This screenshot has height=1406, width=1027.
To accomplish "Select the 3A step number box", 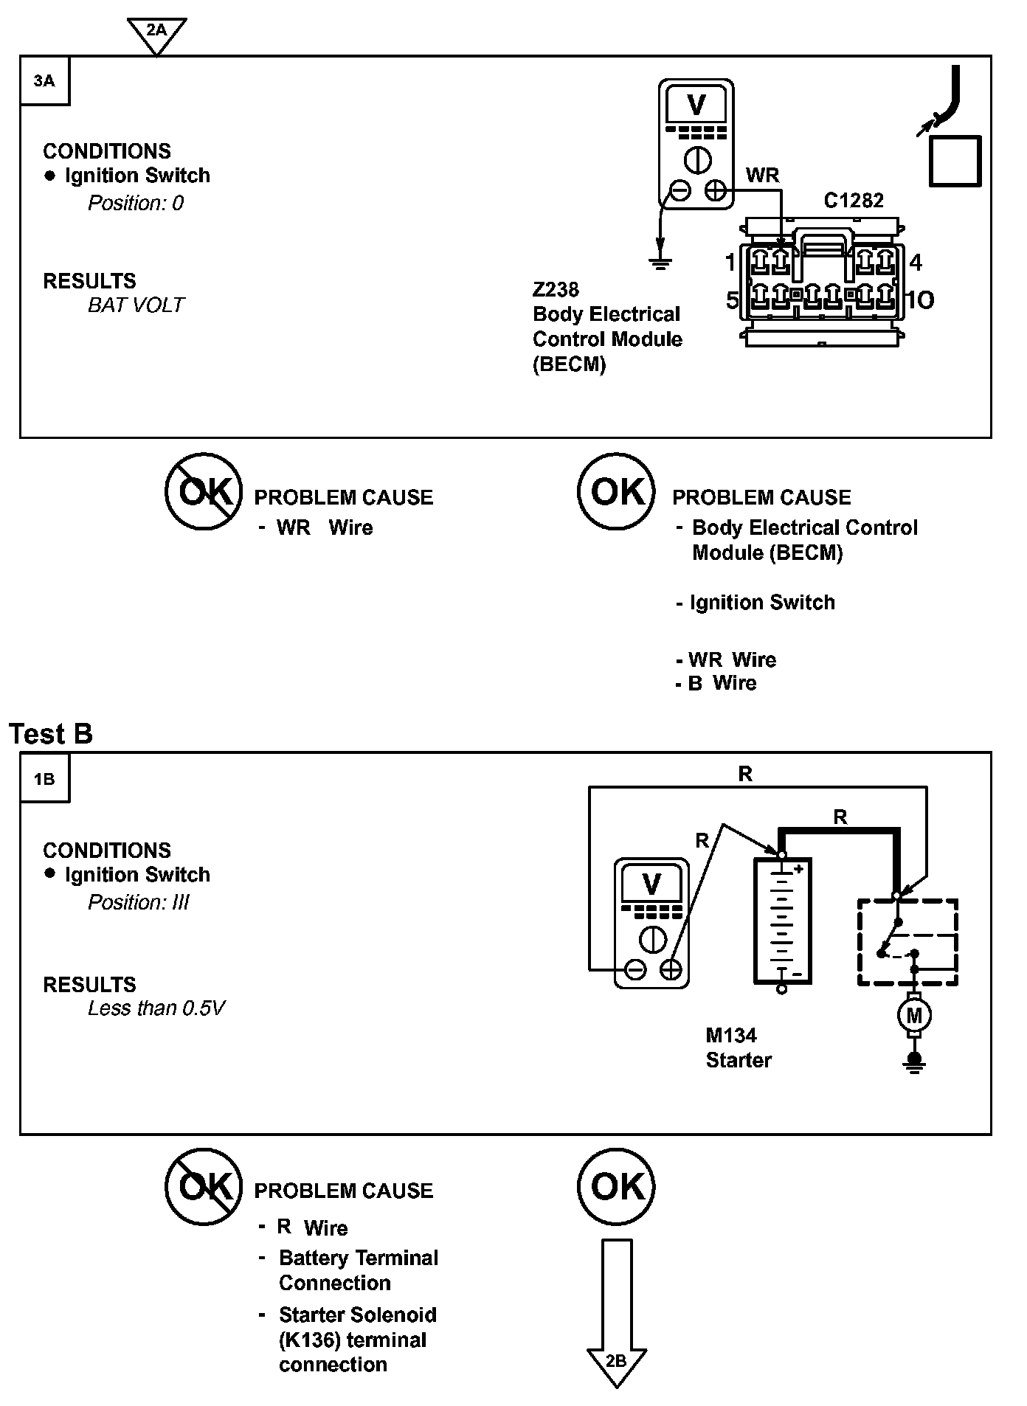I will (44, 80).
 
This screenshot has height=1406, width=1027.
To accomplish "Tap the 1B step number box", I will (44, 779).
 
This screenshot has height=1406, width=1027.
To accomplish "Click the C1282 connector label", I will (853, 201).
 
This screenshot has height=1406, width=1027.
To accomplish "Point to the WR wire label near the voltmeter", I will (762, 175).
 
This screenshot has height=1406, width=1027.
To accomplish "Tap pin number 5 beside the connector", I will (732, 300).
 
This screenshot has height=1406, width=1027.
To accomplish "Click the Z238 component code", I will (556, 289).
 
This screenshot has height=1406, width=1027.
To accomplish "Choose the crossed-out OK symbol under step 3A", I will (203, 491).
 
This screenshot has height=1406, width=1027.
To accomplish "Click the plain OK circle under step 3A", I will (616, 491).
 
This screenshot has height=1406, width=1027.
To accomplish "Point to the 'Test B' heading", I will (51, 734).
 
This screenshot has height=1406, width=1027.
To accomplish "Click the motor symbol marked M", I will (914, 1016).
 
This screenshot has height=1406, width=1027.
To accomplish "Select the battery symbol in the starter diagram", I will (782, 921).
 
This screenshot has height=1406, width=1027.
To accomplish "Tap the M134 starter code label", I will (731, 1035).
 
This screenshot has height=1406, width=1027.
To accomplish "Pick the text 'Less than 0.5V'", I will (156, 1008).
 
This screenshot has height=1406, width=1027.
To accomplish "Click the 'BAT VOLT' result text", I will (136, 305).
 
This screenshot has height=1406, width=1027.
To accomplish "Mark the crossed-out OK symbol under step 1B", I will (203, 1187).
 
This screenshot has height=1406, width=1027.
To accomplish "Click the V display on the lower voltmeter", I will (651, 884).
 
